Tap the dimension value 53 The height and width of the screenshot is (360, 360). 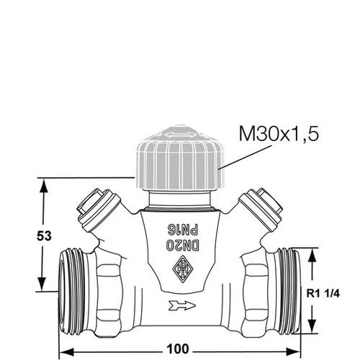point(44,236)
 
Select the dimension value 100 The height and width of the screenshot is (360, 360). point(178,349)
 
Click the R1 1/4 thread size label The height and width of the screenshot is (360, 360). point(323,293)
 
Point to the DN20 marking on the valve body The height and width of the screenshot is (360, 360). point(183,245)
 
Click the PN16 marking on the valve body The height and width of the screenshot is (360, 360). point(183,230)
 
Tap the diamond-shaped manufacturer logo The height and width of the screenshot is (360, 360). point(183,269)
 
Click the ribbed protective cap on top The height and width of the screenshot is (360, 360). point(180,158)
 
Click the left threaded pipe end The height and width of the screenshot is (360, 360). point(72,292)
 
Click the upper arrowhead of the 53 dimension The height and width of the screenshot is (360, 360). point(44,186)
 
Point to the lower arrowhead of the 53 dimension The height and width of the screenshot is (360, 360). point(42,284)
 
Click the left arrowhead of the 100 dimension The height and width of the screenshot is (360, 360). point(66,352)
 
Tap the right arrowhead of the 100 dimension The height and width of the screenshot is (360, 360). point(292,352)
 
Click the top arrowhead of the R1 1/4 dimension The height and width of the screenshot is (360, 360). point(312,256)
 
